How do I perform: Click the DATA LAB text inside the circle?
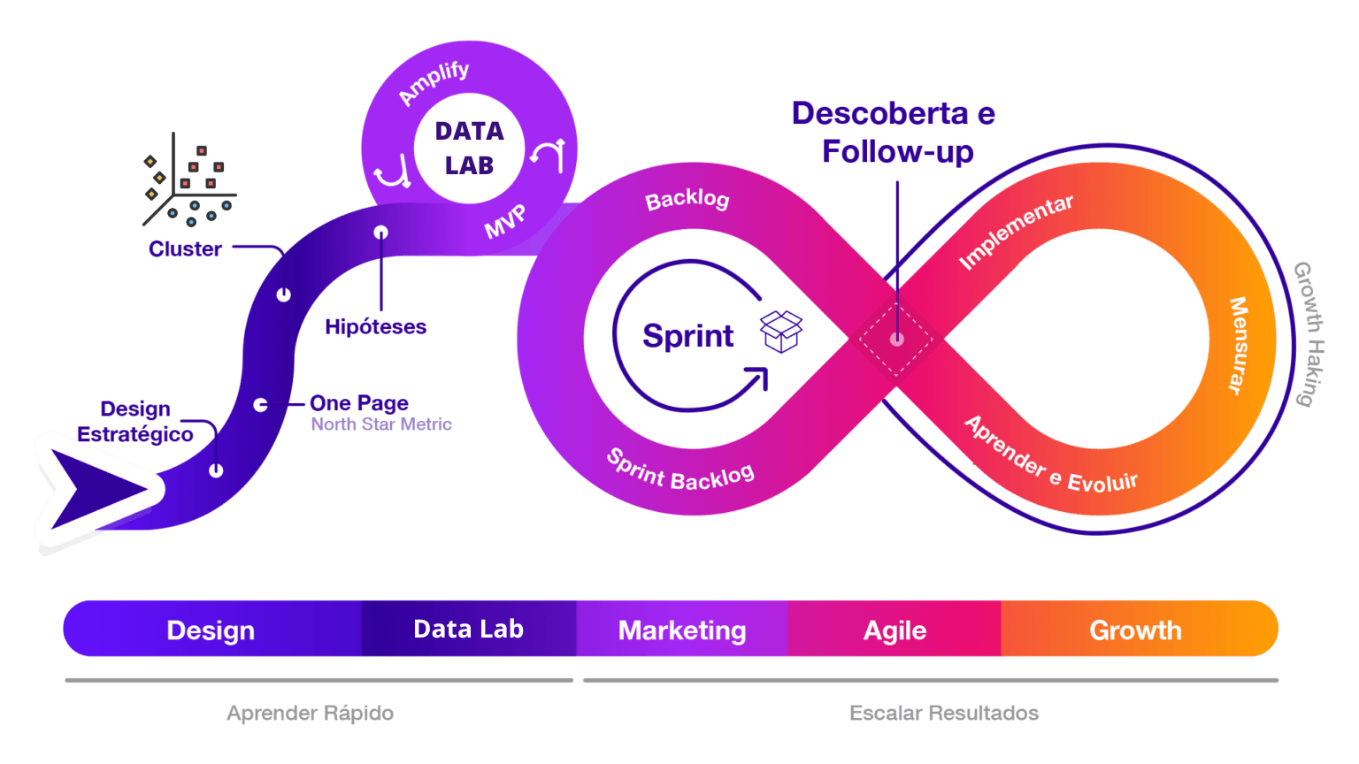click(x=469, y=148)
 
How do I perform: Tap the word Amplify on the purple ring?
click(x=434, y=82)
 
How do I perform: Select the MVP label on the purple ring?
click(x=505, y=222)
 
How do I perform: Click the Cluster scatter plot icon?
click(x=189, y=182)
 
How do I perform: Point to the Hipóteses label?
click(x=375, y=327)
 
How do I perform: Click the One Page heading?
click(x=359, y=403)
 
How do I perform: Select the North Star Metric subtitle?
click(x=381, y=424)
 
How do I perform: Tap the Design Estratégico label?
click(x=135, y=422)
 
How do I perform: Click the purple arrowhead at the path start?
click(x=93, y=489)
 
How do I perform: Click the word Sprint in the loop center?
click(x=687, y=336)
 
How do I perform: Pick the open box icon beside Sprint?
click(x=781, y=332)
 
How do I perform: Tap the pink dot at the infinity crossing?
click(x=896, y=339)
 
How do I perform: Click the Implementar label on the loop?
click(x=1016, y=231)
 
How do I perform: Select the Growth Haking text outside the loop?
click(x=1309, y=334)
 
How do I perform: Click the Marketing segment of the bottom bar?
click(x=682, y=630)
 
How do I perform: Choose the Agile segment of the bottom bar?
click(x=894, y=630)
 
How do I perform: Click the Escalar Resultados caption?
click(x=943, y=713)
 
